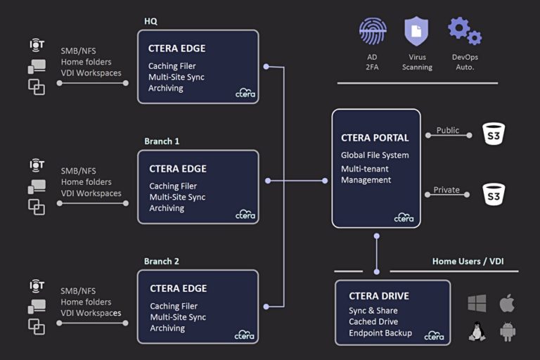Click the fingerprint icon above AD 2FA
tap(373, 31)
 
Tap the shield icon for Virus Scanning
tap(416, 32)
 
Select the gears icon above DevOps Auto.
tap(464, 31)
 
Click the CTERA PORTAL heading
tap(375, 138)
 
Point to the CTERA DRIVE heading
tap(380, 296)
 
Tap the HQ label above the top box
tap(150, 21)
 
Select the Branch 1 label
tap(162, 141)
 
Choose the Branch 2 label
tap(162, 262)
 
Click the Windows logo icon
tap(477, 304)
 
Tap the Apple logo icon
tap(507, 304)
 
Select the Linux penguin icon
tap(477, 331)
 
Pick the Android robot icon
tap(508, 331)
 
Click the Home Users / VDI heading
tap(468, 262)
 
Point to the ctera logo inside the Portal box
tap(404, 217)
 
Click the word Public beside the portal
tap(447, 130)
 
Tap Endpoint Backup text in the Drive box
tap(380, 333)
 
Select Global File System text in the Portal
tap(375, 155)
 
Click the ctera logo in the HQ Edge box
tap(245, 93)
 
